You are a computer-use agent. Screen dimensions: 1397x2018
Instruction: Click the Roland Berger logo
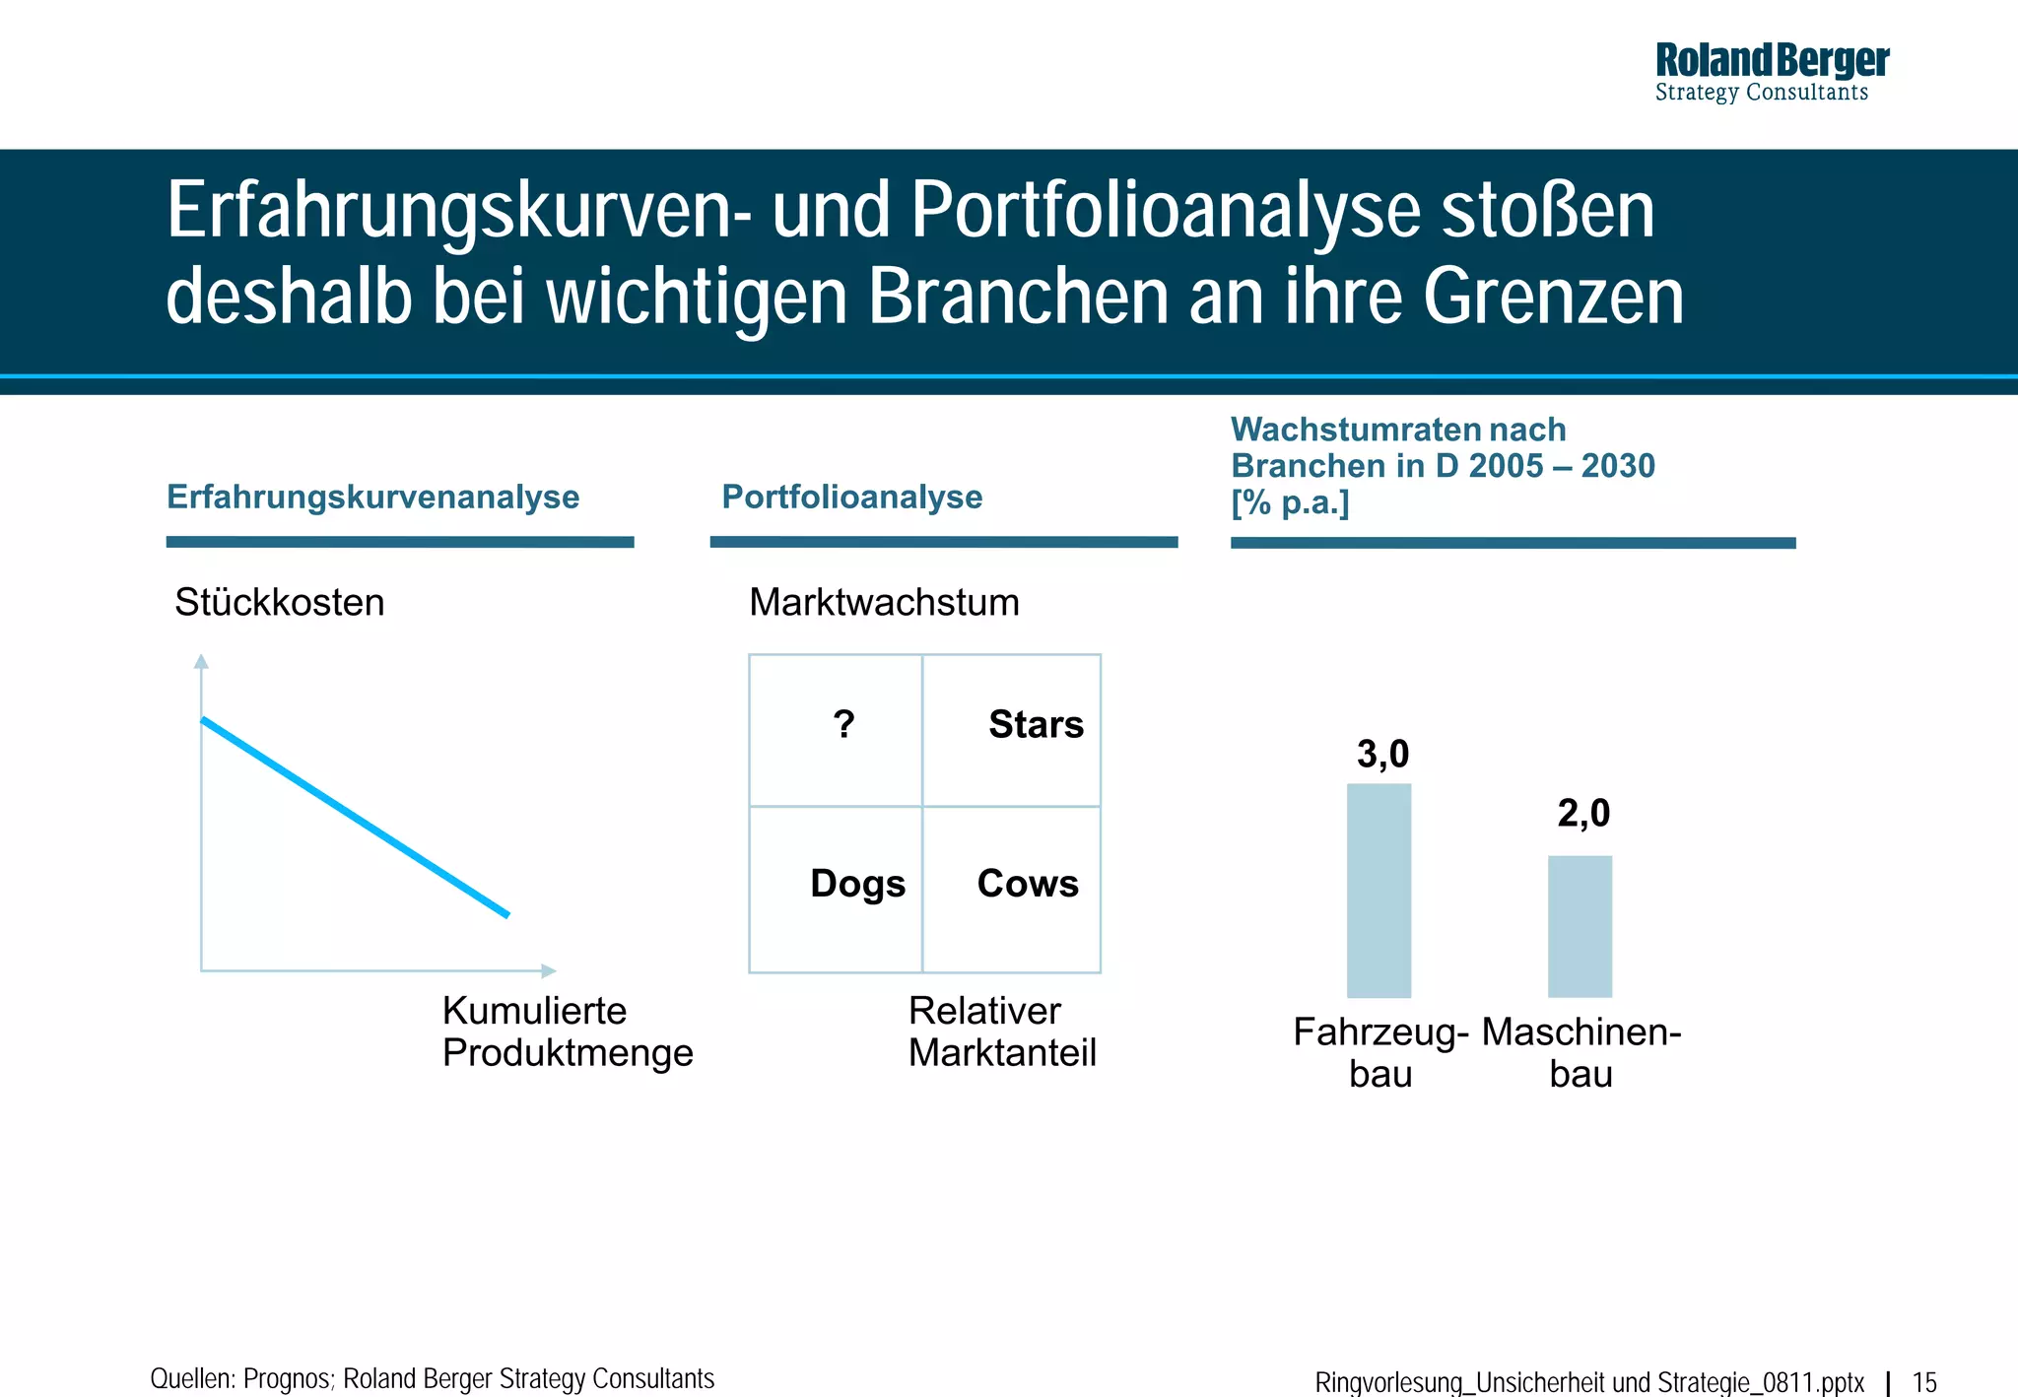tap(1771, 71)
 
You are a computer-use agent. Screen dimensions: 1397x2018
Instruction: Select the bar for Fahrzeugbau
tap(1379, 890)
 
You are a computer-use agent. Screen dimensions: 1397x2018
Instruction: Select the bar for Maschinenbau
tap(1580, 926)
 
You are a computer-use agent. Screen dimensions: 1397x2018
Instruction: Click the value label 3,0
tap(1382, 755)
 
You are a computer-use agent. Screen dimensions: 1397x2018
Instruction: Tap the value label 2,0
tap(1583, 814)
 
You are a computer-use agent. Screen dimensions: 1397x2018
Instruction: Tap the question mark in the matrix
tap(843, 725)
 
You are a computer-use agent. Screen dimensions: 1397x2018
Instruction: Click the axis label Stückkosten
tap(279, 602)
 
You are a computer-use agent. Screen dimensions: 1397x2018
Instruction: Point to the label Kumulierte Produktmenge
tap(567, 1031)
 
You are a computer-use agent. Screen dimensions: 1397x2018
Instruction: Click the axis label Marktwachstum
tap(884, 602)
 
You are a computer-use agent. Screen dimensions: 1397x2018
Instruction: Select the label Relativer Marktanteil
tap(1001, 1031)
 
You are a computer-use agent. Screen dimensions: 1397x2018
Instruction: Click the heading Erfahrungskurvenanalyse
tap(372, 497)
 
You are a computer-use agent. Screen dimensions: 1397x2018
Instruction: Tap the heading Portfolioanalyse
tap(851, 497)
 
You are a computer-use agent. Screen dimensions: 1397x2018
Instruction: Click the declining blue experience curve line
tap(355, 818)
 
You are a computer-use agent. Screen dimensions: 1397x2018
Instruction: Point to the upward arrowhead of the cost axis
tap(201, 661)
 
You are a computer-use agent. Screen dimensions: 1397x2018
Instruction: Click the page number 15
tap(1924, 1382)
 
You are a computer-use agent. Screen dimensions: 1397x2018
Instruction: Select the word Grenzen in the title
tap(1553, 297)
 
